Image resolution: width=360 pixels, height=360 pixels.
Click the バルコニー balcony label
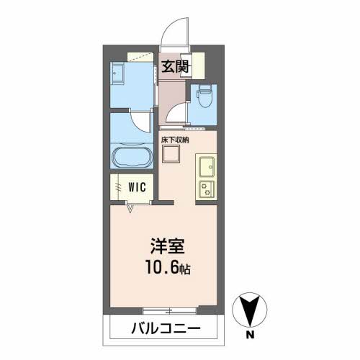pos(164,330)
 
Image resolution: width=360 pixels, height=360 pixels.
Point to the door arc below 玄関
pos(174,114)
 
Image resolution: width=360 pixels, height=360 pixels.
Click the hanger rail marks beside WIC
pos(118,186)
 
